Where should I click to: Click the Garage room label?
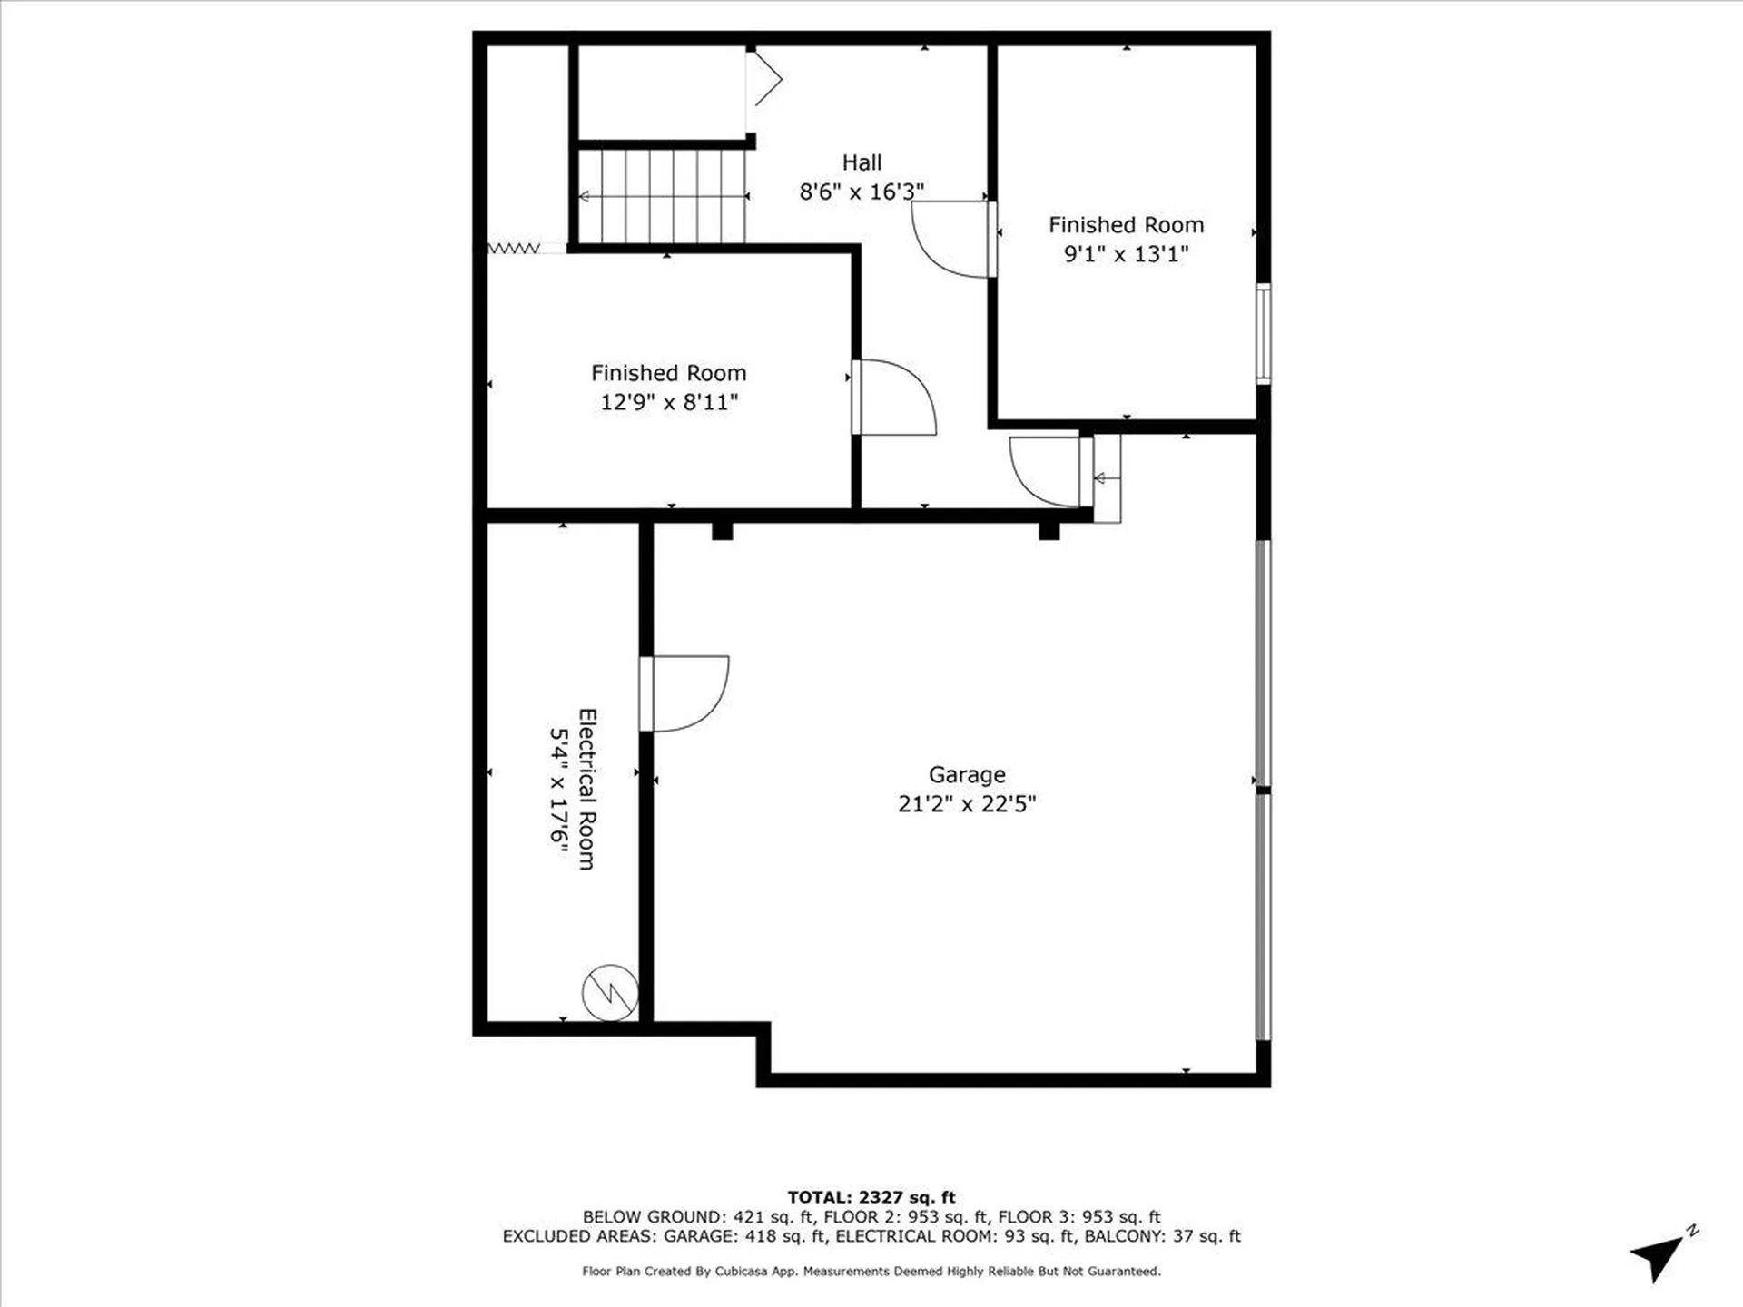tap(966, 774)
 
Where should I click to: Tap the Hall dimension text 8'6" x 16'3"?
tap(861, 192)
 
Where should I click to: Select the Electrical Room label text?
tap(587, 789)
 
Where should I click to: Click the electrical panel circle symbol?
tap(610, 992)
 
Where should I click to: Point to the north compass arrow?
tap(1658, 1257)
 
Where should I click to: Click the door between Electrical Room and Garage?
tap(683, 693)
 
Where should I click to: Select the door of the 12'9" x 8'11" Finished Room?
tap(893, 398)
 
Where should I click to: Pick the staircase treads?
tap(663, 196)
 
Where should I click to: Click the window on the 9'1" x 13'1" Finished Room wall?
tap(1262, 333)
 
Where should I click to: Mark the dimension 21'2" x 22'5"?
tap(966, 804)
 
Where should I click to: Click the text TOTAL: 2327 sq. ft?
tap(871, 1197)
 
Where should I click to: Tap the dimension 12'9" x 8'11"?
tap(668, 402)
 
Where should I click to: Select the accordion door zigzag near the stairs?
tap(515, 248)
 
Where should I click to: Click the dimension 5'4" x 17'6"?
tap(558, 789)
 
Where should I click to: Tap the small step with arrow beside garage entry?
tap(1107, 478)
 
